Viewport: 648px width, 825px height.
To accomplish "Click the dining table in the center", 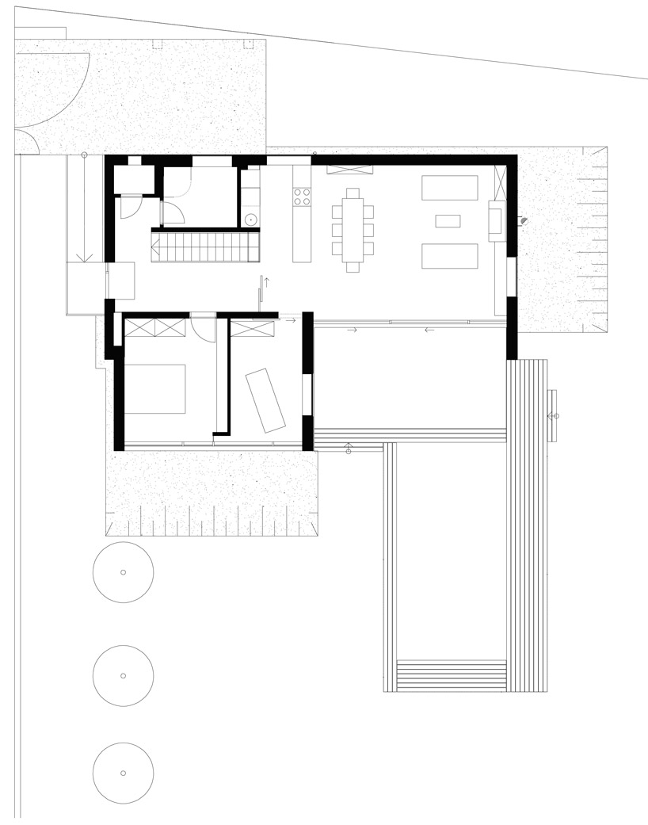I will click(353, 230).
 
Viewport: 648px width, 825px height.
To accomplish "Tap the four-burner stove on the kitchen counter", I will click(302, 197).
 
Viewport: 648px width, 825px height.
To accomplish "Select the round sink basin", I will click(250, 220).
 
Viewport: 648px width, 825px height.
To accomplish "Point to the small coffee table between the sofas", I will click(448, 221).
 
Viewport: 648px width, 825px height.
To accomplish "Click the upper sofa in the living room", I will click(449, 188).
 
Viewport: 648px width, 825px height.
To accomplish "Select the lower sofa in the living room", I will click(449, 257).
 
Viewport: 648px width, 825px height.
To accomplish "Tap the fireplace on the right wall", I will click(496, 220).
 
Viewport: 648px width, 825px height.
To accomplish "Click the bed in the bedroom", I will click(155, 388).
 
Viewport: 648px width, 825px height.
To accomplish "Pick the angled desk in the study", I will click(265, 400).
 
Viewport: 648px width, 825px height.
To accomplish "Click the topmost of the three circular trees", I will click(123, 572).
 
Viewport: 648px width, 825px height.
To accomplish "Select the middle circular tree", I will click(123, 675).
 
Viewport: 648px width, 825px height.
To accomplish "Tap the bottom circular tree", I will click(123, 773).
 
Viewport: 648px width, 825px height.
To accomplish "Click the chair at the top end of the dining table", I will click(353, 193).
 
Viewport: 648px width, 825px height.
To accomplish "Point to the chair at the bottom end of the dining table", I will click(353, 267).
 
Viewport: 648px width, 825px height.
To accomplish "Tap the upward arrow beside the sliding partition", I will click(267, 281).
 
